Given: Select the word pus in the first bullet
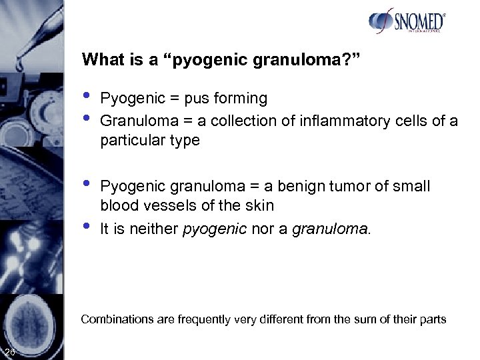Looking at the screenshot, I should click(x=203, y=99).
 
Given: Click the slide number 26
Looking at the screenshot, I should click(x=10, y=352).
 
